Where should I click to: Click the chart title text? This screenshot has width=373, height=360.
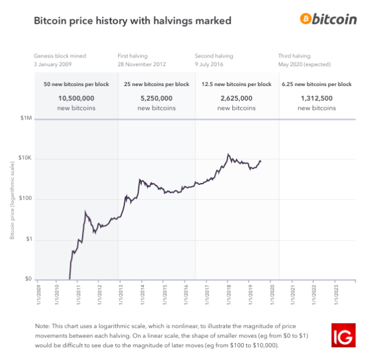132,21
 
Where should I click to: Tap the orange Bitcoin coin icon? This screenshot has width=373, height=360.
306,19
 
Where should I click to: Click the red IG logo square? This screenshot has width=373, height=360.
343,335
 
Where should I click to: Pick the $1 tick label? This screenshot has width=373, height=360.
27,239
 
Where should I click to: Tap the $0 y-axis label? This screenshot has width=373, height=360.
27,279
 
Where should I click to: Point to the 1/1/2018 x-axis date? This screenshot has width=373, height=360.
229,295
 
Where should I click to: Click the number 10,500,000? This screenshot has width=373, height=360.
76,97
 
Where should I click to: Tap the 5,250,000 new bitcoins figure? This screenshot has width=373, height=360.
156,97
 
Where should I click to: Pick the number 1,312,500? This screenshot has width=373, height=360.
317,97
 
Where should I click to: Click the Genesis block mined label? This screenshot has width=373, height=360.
61,55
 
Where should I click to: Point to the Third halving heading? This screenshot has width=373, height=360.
294,55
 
